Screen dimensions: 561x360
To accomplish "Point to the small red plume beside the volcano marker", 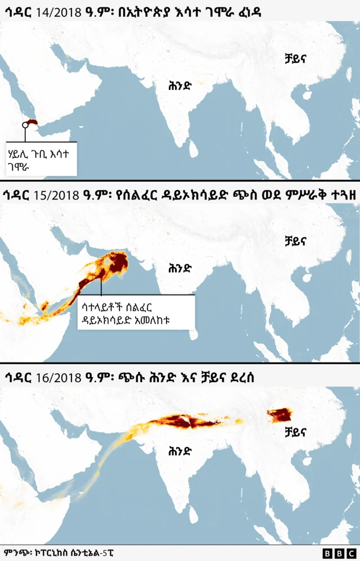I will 33,122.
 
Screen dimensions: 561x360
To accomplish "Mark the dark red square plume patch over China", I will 280,415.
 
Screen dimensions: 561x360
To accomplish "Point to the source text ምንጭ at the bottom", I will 16,553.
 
